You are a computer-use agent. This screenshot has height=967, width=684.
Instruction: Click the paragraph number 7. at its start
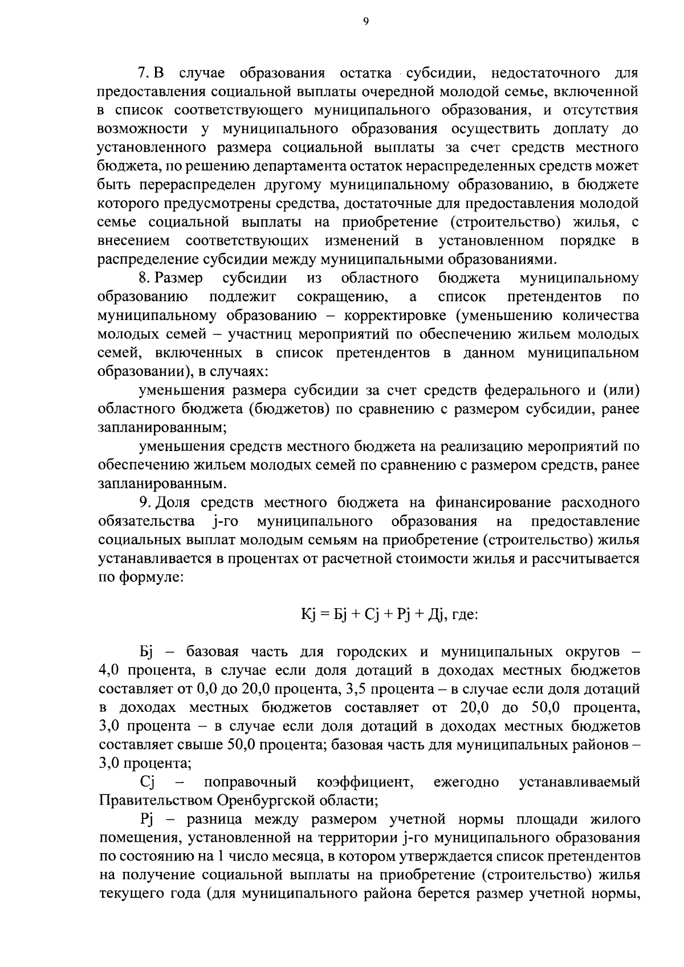click(144, 73)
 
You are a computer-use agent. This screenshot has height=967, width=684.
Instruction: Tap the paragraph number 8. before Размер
click(144, 278)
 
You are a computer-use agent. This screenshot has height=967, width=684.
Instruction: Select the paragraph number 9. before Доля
click(144, 503)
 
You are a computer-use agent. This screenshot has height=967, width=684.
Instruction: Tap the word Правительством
click(156, 801)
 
